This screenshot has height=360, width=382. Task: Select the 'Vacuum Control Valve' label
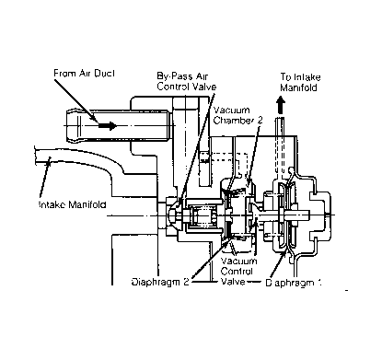click(242, 272)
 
